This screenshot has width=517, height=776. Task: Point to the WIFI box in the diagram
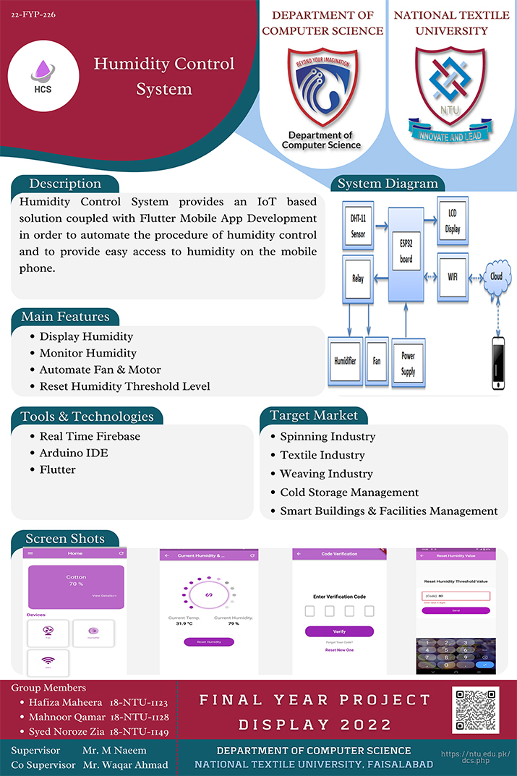453,276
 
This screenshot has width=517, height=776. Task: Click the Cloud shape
496,277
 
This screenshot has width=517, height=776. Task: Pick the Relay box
359,278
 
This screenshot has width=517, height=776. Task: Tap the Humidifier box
345,360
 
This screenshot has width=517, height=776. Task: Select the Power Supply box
408,364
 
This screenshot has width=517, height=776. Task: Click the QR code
475,709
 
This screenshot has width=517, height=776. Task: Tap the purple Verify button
339,631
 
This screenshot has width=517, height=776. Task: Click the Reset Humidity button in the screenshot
208,641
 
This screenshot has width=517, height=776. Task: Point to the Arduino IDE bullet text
74,453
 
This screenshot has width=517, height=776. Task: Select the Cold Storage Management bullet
349,493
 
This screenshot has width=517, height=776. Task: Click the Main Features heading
65,317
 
